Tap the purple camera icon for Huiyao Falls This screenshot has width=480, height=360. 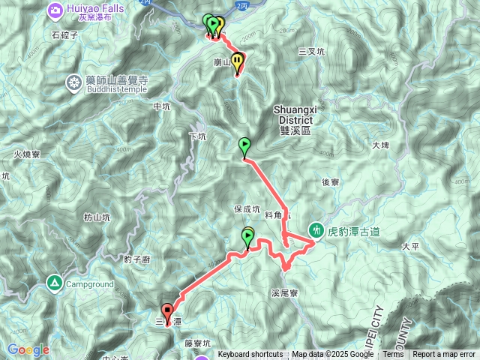pyautogui.click(x=55, y=10)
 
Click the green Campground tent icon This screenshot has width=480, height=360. pyautogui.click(x=54, y=283)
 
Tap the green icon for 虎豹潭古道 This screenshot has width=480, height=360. pyautogui.click(x=316, y=231)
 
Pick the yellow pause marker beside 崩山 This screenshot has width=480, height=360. pyautogui.click(x=238, y=61)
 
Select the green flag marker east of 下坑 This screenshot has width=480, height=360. pyautogui.click(x=244, y=145)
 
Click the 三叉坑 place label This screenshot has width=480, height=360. pyautogui.click(x=311, y=52)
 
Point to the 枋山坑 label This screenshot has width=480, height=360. pyautogui.click(x=97, y=217)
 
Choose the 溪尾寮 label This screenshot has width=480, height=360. pyautogui.click(x=285, y=293)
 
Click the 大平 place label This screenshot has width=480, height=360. pyautogui.click(x=410, y=246)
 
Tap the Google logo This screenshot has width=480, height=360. pyautogui.click(x=28, y=349)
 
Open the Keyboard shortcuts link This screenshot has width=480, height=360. pyautogui.click(x=250, y=355)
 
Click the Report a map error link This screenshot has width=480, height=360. pyautogui.click(x=445, y=355)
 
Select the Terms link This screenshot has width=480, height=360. pyautogui.click(x=393, y=355)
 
